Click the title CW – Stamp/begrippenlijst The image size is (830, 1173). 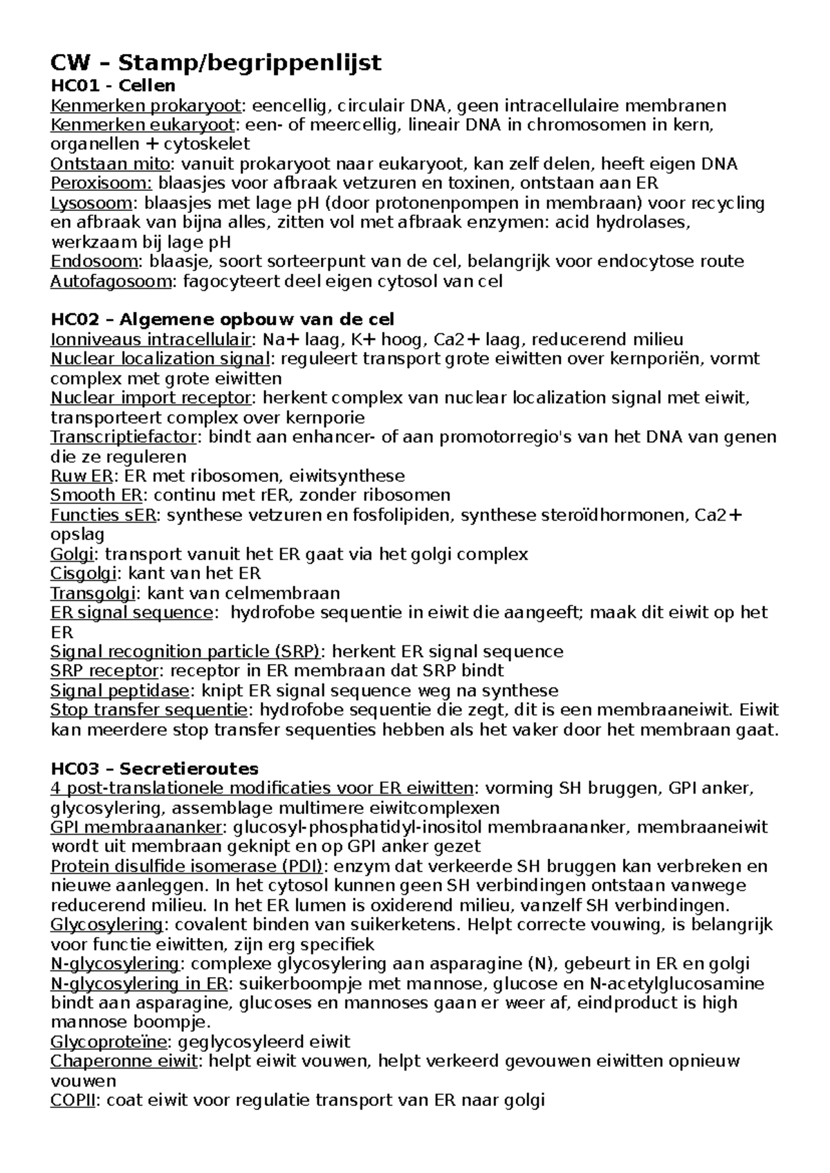[216, 63]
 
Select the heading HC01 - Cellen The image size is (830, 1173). [113, 86]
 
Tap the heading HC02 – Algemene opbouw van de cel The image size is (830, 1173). [223, 320]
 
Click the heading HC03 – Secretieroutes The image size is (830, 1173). [155, 768]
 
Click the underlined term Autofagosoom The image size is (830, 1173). [111, 281]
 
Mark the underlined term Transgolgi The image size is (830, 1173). [95, 593]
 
